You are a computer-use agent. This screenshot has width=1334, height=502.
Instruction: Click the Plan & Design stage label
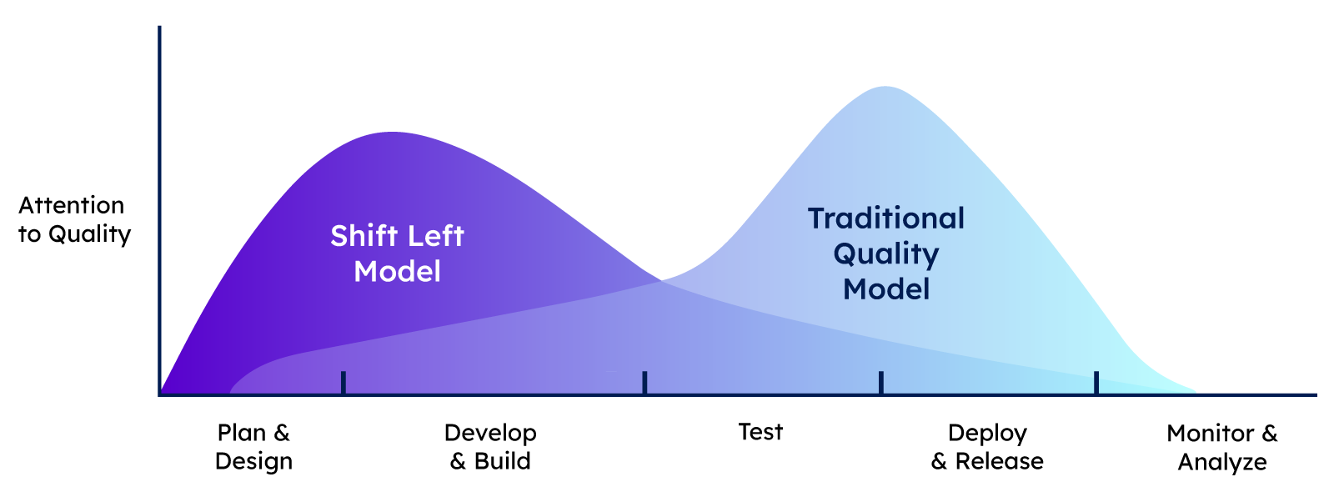253,447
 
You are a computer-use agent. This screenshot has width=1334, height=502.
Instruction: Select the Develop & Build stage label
490,447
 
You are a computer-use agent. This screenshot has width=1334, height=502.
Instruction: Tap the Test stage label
760,432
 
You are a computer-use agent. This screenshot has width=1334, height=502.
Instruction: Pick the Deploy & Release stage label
987,447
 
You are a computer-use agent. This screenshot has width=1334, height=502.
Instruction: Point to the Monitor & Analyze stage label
1222,447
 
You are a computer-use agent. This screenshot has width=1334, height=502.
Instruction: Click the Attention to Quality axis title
74,220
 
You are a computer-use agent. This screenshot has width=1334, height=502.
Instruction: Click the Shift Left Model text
397,254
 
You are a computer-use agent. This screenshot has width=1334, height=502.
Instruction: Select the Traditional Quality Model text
886,254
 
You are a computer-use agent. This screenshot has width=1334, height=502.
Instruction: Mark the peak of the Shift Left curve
392,133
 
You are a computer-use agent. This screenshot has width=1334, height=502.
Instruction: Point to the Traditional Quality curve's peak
885,87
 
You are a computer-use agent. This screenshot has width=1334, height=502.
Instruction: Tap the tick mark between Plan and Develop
344,382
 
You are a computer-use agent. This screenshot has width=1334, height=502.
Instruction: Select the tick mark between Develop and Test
645,382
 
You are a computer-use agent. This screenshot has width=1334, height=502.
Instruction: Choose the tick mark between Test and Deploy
881,382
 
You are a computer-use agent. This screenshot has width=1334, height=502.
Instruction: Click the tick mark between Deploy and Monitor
1096,382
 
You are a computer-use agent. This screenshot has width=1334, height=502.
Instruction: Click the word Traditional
886,218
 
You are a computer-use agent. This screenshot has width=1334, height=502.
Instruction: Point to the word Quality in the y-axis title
89,234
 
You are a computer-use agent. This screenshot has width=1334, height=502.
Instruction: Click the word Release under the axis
1000,461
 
